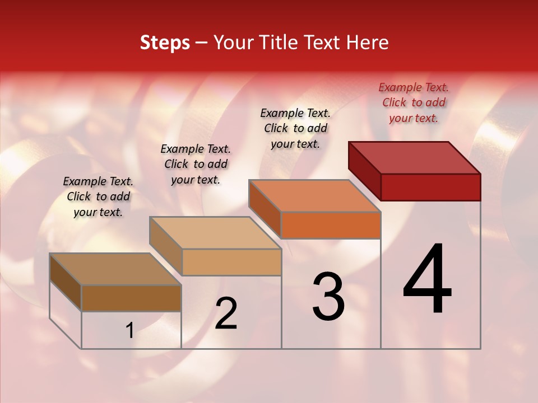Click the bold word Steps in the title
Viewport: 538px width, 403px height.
click(165, 43)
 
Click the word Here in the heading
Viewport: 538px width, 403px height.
click(368, 43)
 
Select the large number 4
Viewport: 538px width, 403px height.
click(428, 280)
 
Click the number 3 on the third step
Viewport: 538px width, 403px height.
click(328, 297)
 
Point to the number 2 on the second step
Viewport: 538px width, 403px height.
click(226, 314)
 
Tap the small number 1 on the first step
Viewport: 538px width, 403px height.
click(129, 331)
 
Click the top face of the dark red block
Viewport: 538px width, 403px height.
click(415, 157)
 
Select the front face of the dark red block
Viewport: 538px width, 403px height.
click(430, 187)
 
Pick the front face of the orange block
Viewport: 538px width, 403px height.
click(331, 225)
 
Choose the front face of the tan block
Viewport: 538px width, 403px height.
click(231, 262)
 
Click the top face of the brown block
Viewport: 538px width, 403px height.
click(115, 269)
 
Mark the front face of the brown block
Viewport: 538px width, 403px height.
click(131, 298)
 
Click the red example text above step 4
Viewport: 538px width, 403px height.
click(414, 102)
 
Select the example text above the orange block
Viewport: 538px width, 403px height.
click(295, 128)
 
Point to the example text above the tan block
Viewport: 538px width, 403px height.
click(196, 164)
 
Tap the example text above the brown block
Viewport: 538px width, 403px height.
click(98, 196)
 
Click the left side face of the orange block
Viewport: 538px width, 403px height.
click(265, 208)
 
